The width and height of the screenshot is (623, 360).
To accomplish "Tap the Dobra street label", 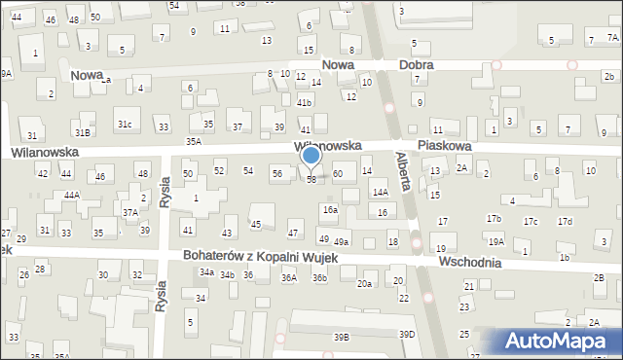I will click(417, 65).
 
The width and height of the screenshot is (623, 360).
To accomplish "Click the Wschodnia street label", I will click(470, 263).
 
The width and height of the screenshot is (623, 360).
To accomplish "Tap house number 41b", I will click(305, 102).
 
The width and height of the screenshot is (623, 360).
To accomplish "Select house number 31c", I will click(125, 125).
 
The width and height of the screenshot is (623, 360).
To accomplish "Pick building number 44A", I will click(72, 195).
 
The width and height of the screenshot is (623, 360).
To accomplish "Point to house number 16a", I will click(331, 210).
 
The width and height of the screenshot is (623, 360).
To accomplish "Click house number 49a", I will click(341, 241).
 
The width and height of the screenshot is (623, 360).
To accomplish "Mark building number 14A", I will click(381, 193).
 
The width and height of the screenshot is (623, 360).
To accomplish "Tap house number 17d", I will click(565, 222).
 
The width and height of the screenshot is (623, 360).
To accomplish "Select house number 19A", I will click(496, 241).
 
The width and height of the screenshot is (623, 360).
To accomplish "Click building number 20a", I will click(364, 283).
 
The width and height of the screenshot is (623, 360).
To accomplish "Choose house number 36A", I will click(289, 278).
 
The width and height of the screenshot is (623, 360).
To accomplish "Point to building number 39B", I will click(341, 337).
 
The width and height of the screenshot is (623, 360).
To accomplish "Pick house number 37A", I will click(129, 212).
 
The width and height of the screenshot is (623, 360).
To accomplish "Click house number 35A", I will click(194, 142).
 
